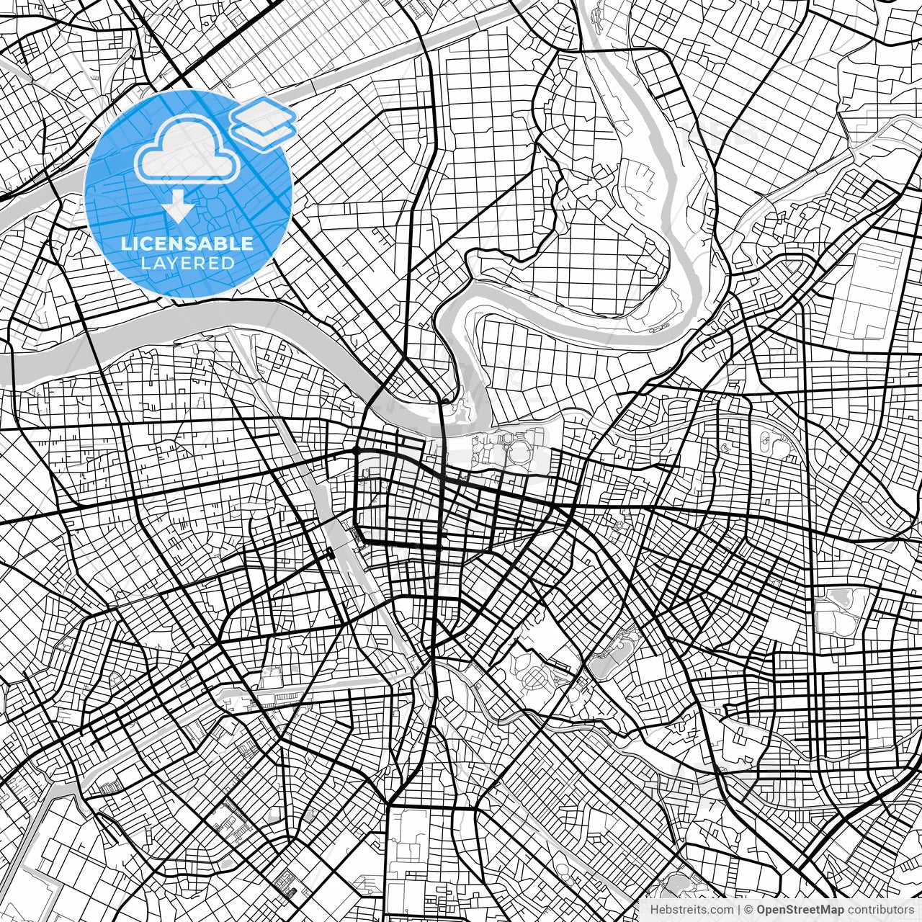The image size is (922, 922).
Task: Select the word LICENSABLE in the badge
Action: (x=187, y=243)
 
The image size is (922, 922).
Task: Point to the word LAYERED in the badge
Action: (x=187, y=263)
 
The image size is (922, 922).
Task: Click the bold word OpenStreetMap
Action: (x=800, y=910)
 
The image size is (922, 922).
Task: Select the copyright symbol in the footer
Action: (x=748, y=910)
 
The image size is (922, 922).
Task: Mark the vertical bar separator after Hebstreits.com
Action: (x=739, y=910)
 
